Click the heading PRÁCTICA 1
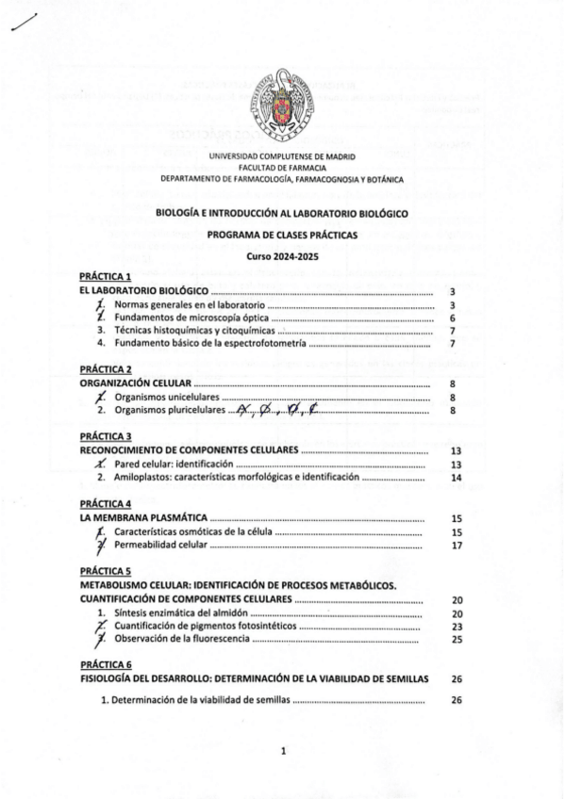coord(105,277)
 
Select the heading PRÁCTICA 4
coord(105,503)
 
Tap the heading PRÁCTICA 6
coord(105,664)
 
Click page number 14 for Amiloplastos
coord(457,478)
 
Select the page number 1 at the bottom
coord(283,751)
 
